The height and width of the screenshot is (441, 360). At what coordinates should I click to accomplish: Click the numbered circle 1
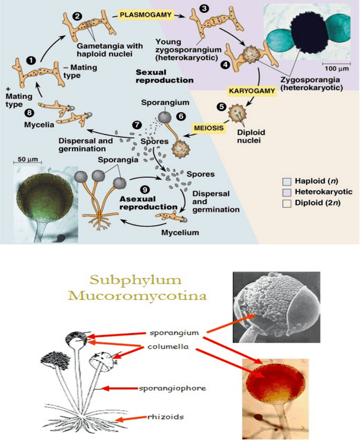point(31,60)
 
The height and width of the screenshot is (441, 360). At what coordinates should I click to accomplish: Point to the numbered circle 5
point(221,107)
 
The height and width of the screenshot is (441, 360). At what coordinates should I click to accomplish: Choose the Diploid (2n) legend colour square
point(287,202)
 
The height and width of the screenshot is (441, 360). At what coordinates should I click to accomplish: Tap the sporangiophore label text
point(172,388)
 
